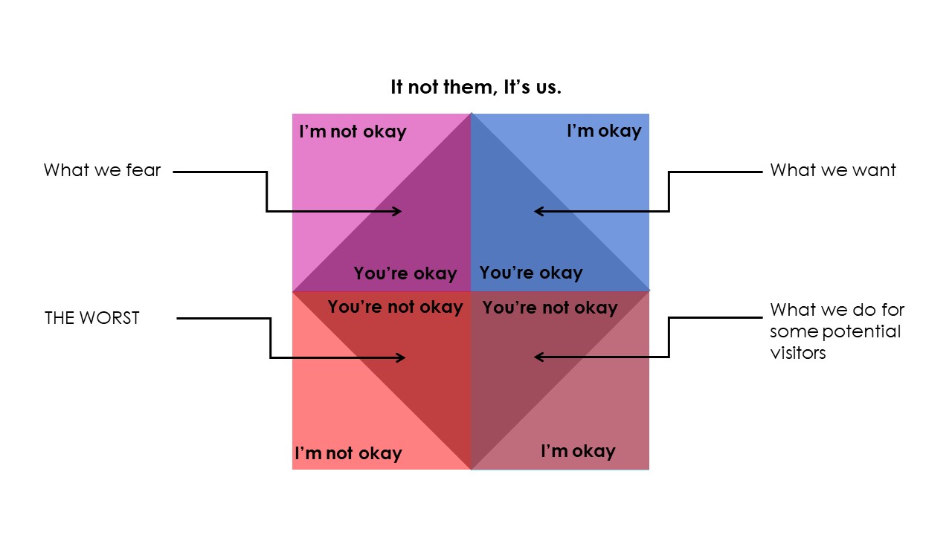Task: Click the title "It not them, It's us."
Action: pyautogui.click(x=476, y=87)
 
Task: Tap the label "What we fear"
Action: pyautogui.click(x=102, y=170)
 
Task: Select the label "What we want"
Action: pyautogui.click(x=833, y=170)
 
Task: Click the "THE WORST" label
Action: pyautogui.click(x=92, y=318)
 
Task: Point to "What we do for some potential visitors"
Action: pyautogui.click(x=837, y=331)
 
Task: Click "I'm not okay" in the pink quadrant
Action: pyautogui.click(x=353, y=132)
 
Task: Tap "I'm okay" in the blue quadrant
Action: pyautogui.click(x=605, y=131)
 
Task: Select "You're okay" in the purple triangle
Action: pyautogui.click(x=405, y=273)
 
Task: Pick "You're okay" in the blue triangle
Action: pyautogui.click(x=531, y=273)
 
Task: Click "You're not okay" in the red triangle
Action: pyautogui.click(x=395, y=307)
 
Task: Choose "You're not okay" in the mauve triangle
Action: pyautogui.click(x=550, y=308)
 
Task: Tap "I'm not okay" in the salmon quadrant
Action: pyautogui.click(x=349, y=453)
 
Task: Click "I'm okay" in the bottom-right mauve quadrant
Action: pyautogui.click(x=578, y=451)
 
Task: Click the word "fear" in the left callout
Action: pyautogui.click(x=144, y=170)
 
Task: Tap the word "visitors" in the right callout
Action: pyautogui.click(x=798, y=353)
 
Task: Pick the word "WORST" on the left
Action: pyautogui.click(x=109, y=318)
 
